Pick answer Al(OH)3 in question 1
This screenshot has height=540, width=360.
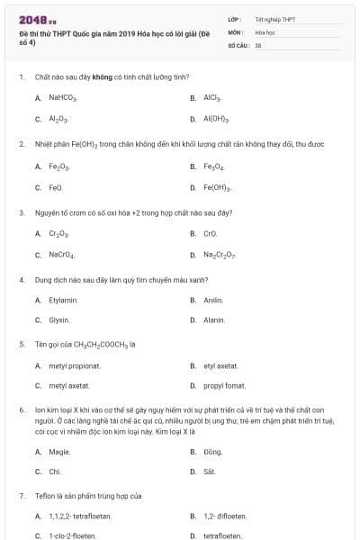point(216,119)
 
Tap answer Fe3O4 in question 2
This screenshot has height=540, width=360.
point(213,166)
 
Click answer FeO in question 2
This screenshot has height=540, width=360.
point(56,187)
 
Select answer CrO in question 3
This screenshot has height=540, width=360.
point(211,234)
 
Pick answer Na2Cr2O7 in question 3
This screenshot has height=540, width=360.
point(220,256)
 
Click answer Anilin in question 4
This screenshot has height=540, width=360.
point(213,300)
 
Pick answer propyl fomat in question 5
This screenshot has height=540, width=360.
point(224,386)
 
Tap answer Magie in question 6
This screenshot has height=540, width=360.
point(59,451)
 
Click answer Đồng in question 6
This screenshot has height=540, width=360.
point(212,451)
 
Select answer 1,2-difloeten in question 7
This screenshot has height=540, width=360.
point(225,516)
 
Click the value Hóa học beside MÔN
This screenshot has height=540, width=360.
point(265,31)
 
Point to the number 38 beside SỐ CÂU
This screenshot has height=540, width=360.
point(258,44)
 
